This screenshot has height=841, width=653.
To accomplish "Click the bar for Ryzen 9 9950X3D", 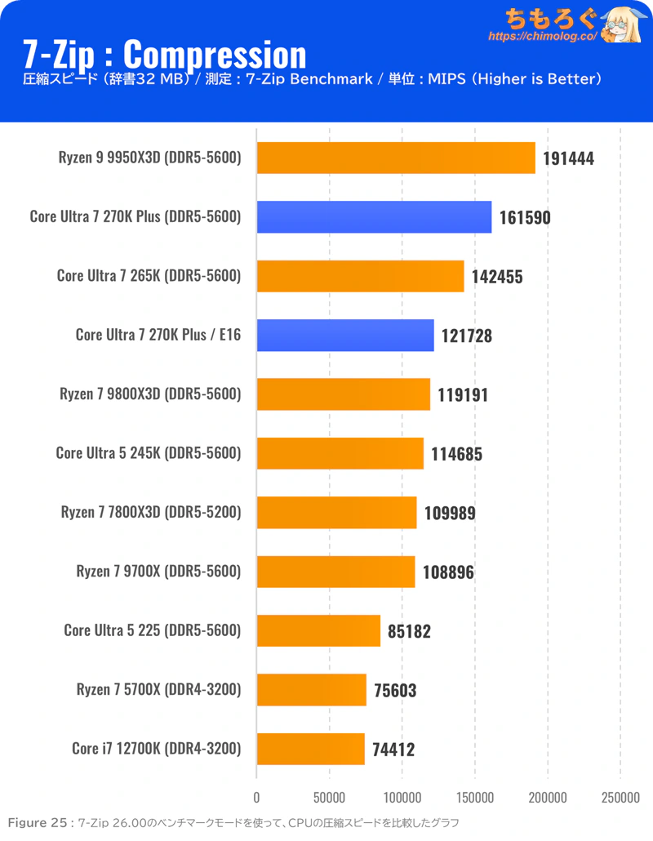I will (x=396, y=158).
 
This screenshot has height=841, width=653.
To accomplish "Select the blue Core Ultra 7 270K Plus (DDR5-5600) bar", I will (x=374, y=217).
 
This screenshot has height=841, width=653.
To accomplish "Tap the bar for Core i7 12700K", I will (x=311, y=749).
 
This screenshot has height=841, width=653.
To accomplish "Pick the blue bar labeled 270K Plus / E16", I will (x=345, y=335).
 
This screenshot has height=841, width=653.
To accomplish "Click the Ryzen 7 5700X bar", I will (x=312, y=690).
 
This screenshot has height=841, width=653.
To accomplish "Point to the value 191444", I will (x=568, y=158).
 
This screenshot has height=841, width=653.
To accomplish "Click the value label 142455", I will (x=497, y=277).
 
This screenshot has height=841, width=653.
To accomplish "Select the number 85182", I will (x=410, y=631).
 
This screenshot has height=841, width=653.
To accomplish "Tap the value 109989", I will (x=450, y=513).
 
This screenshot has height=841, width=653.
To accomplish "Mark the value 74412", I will (x=394, y=750).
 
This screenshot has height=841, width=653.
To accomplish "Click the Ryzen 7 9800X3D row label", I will (x=150, y=394).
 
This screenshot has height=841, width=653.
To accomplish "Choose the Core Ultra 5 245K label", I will (x=149, y=453).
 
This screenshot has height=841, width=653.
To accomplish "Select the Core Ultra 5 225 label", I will (x=153, y=630).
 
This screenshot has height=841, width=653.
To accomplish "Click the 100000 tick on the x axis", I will (x=402, y=797).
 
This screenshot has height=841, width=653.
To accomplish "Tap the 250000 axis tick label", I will (x=620, y=797).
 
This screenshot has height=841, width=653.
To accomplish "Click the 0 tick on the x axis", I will (x=257, y=797).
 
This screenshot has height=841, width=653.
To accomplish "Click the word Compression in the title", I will (x=215, y=54).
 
